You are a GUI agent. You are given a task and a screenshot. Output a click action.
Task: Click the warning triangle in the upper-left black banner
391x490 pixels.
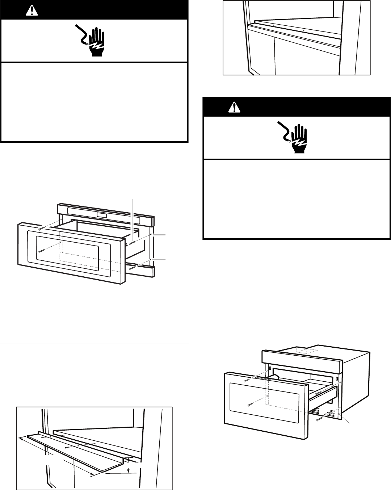pyautogui.click(x=32, y=11)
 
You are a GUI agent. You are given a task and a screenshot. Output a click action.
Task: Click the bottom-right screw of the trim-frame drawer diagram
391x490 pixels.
pyautogui.click(x=131, y=268)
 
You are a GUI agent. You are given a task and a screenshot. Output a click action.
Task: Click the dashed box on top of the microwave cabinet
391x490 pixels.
pyautogui.click(x=307, y=349)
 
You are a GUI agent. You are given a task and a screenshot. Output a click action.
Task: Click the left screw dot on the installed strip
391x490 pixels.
pyautogui.click(x=274, y=25)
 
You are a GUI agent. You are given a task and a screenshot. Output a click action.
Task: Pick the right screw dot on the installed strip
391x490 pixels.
pyautogui.click(x=303, y=30)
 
